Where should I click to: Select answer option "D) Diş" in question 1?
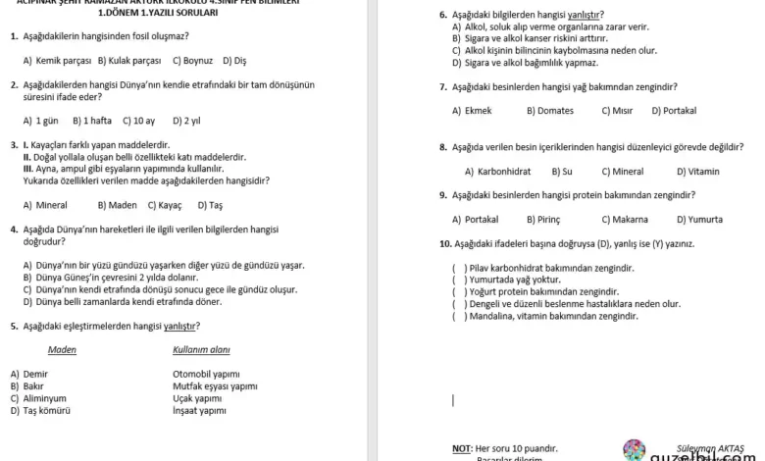tap(234, 60)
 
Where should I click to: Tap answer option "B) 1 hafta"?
tap(92, 121)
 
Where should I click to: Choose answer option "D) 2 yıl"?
tap(186, 121)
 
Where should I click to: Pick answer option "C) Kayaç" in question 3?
tap(166, 205)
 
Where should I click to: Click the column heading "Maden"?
tap(62, 349)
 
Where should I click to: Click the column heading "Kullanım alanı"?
tap(201, 349)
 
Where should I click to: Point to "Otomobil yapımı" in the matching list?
tap(205, 374)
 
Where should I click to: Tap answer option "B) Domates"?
tap(550, 111)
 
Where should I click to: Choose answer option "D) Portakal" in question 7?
tap(674, 111)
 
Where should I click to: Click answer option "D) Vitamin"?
tap(697, 171)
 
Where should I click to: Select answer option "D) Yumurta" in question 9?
tap(699, 219)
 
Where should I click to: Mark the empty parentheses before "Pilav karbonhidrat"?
tap(459, 268)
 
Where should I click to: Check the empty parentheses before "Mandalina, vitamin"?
tap(459, 317)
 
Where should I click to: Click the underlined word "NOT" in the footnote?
tap(462, 448)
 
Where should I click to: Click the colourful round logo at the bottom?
tap(635, 450)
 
